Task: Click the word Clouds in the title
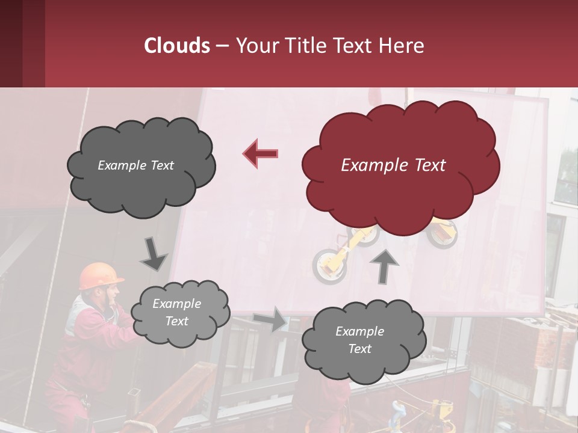pos(176,46)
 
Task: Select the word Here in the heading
pos(402,46)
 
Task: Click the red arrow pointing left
pos(261,154)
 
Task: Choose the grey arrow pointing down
pos(154,254)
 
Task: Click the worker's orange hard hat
pos(99,275)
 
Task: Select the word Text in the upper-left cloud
pos(161,165)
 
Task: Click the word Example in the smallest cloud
pos(177,304)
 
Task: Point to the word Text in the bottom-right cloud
pos(359,349)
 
